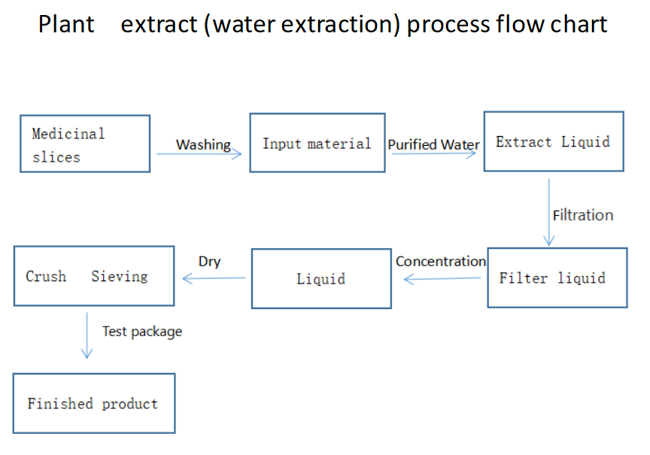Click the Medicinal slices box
(85, 144)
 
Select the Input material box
(316, 143)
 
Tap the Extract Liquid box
(553, 142)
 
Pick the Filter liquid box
(557, 278)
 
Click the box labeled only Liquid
(321, 279)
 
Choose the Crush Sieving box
(94, 276)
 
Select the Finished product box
(93, 403)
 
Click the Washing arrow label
(203, 144)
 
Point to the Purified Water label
(434, 144)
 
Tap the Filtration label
(583, 215)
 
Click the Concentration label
(441, 261)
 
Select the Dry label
(209, 261)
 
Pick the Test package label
(142, 331)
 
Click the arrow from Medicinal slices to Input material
(199, 154)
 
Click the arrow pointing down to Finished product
(87, 335)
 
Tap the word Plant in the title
(66, 24)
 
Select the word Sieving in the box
(120, 276)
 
